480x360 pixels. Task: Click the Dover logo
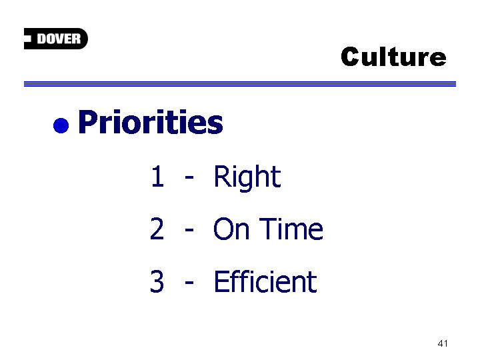56,39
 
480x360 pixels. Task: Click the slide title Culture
394,57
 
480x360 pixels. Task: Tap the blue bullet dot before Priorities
61,125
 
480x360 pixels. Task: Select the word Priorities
151,122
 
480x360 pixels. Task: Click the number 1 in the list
157,176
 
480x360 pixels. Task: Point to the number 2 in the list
157,229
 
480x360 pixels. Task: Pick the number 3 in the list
157,281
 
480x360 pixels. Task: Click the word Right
247,178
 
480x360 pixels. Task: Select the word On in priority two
231,229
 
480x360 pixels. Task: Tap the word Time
293,229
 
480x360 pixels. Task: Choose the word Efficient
265,281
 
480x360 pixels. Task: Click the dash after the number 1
189,177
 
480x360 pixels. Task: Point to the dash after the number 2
189,229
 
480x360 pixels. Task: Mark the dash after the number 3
189,282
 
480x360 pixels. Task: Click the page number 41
443,343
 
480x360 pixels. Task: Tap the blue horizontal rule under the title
240,84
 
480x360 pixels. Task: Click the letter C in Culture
351,57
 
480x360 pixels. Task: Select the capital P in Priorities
87,121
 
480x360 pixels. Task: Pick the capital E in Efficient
221,281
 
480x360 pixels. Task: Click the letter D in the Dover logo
41,39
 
